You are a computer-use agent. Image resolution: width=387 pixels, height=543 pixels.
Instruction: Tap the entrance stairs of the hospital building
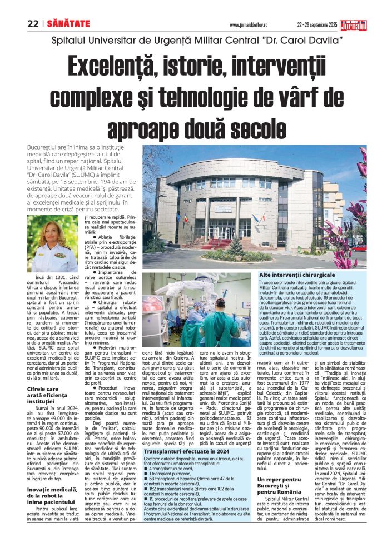point(221,243)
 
